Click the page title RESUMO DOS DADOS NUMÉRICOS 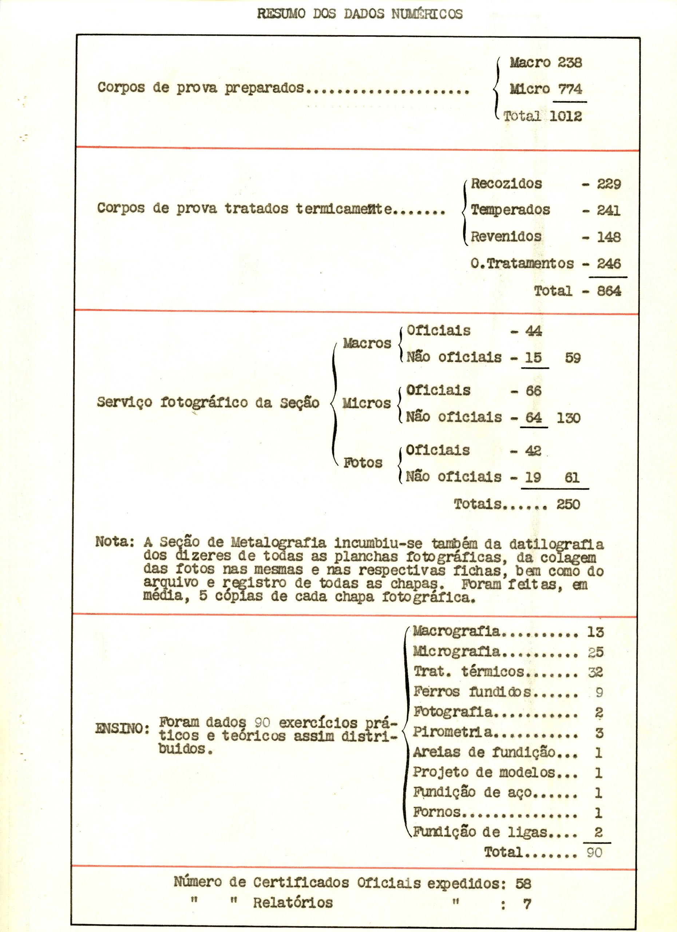(360, 14)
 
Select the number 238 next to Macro (570, 63)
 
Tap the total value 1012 (566, 116)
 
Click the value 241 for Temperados (609, 210)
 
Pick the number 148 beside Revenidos (609, 237)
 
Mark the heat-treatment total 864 (609, 291)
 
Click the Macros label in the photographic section (367, 343)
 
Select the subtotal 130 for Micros (569, 418)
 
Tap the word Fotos (363, 463)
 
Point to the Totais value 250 (568, 504)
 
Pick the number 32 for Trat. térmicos (595, 672)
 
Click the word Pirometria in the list (453, 731)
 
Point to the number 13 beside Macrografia (595, 632)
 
